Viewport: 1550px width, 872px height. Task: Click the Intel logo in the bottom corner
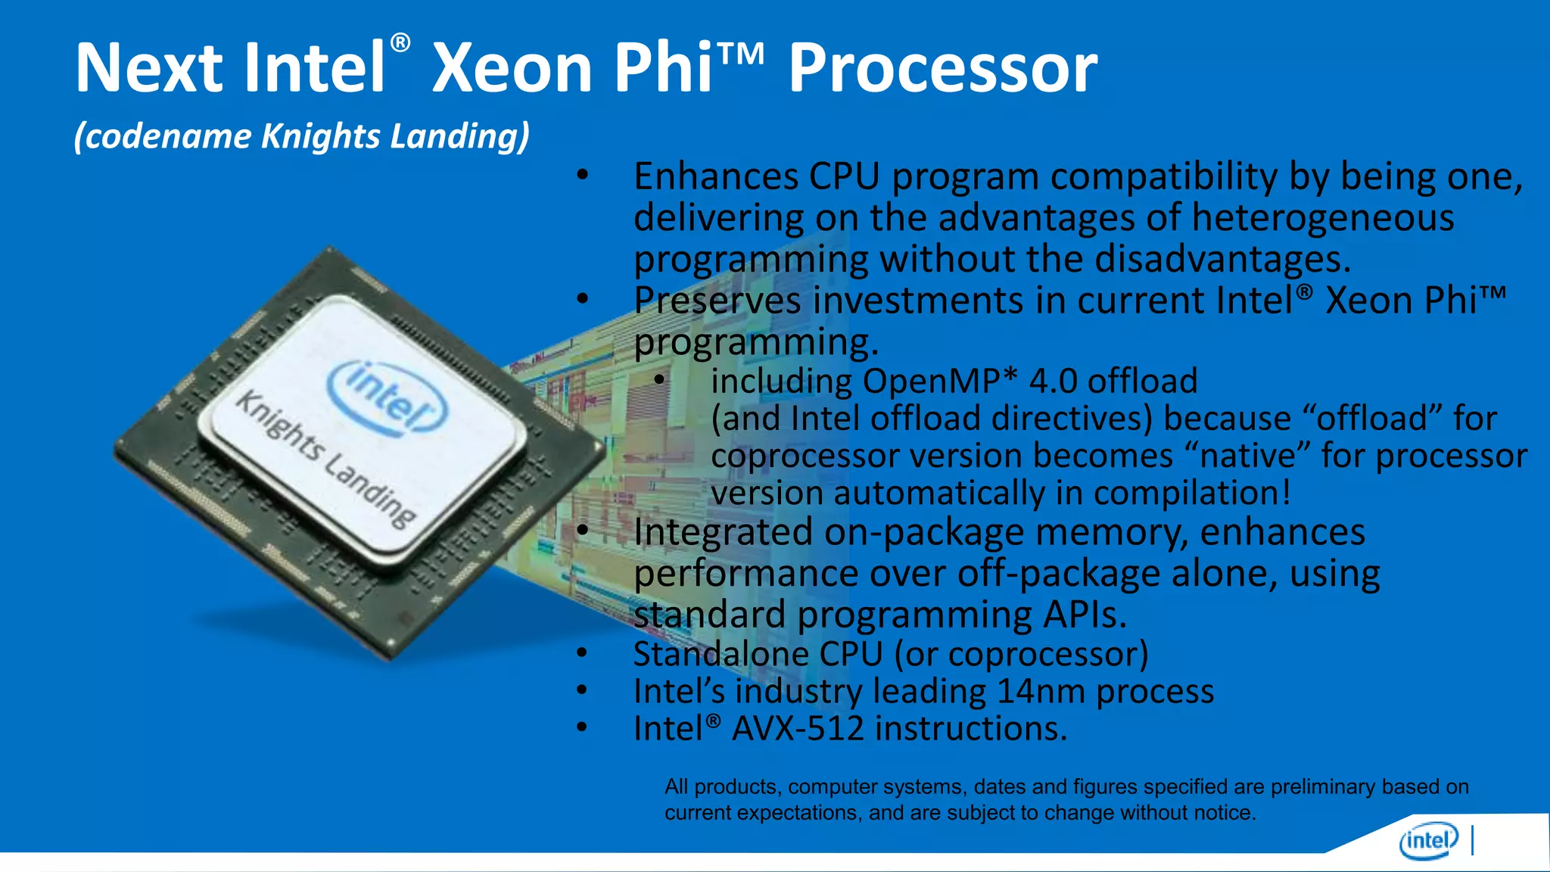1428,841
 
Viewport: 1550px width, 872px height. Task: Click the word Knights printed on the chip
280,427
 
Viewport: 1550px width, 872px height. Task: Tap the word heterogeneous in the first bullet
1322,218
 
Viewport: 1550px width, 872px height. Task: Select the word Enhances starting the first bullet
715,177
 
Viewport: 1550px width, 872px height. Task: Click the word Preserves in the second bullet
717,301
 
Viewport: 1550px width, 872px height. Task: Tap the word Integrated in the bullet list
723,532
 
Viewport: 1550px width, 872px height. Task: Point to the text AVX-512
798,728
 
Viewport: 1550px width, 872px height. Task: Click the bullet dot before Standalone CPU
581,652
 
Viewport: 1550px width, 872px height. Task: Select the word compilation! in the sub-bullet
1192,494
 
